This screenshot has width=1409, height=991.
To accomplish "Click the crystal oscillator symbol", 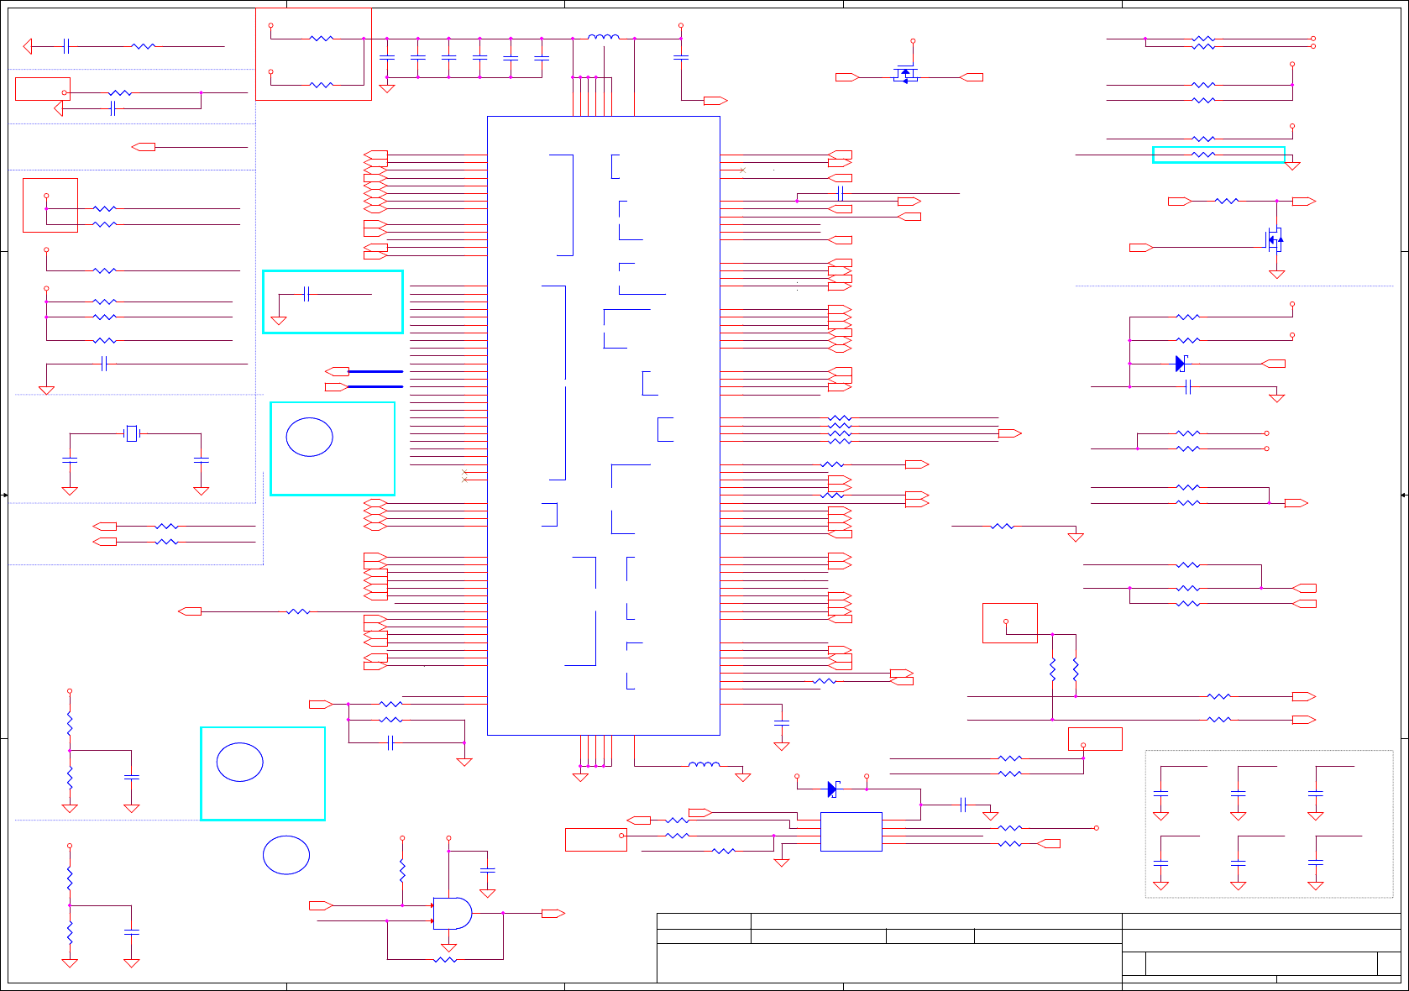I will click(131, 433).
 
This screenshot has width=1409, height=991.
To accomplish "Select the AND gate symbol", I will click(452, 913).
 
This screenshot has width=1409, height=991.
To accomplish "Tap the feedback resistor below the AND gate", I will click(445, 959).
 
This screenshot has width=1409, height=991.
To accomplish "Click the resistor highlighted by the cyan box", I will click(1203, 155).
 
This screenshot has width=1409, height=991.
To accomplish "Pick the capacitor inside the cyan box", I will click(306, 294).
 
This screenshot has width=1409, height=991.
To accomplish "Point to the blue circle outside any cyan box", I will click(286, 855).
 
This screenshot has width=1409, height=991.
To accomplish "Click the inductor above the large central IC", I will click(604, 38).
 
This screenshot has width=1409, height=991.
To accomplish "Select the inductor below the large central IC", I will click(704, 765).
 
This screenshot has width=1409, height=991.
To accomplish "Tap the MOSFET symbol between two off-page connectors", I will click(905, 75).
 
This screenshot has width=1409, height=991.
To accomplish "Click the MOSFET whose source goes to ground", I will click(1274, 240).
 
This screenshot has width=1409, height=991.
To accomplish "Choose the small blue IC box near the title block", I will click(851, 831).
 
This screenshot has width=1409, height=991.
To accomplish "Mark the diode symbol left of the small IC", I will click(831, 789).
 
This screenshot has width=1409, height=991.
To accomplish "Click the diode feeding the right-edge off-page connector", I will click(1181, 364).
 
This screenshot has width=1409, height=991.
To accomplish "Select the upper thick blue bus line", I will click(375, 371).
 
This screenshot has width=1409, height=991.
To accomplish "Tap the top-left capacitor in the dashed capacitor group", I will click(1160, 792).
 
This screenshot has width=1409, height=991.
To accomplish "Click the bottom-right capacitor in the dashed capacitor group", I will click(1315, 863).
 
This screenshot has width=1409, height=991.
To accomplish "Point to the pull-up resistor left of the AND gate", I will click(402, 871).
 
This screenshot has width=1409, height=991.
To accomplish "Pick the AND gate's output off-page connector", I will click(553, 913).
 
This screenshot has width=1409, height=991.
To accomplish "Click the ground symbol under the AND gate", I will click(448, 947).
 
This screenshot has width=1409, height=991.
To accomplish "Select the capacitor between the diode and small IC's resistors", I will click(963, 804).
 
